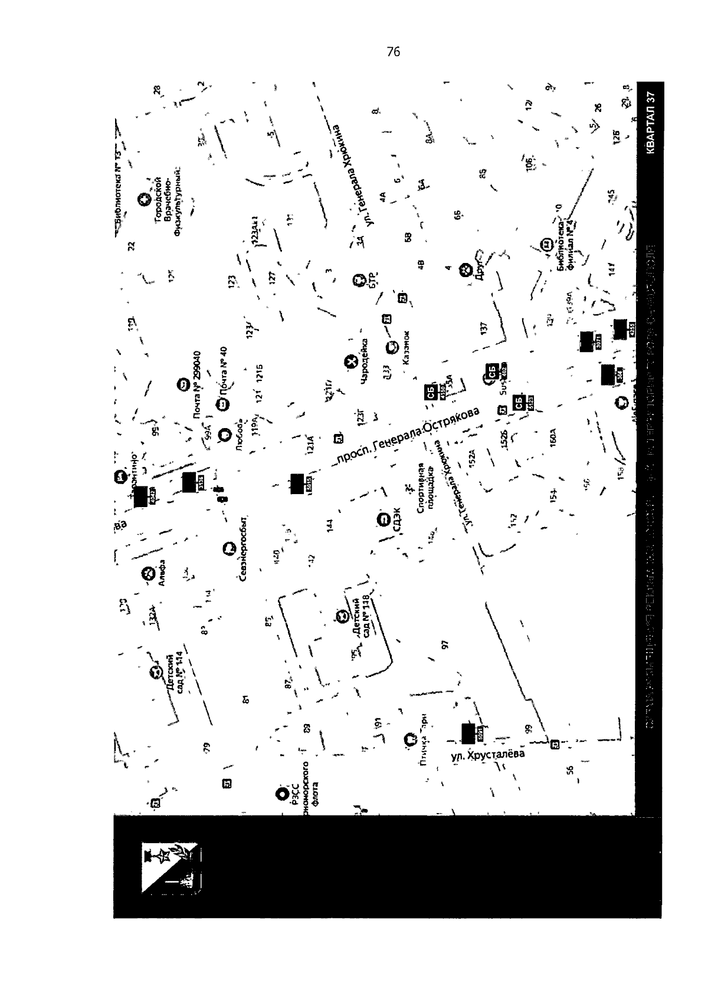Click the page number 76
tap(394, 52)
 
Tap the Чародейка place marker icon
tap(351, 361)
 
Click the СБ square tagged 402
tap(491, 372)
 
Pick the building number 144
tap(330, 524)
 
